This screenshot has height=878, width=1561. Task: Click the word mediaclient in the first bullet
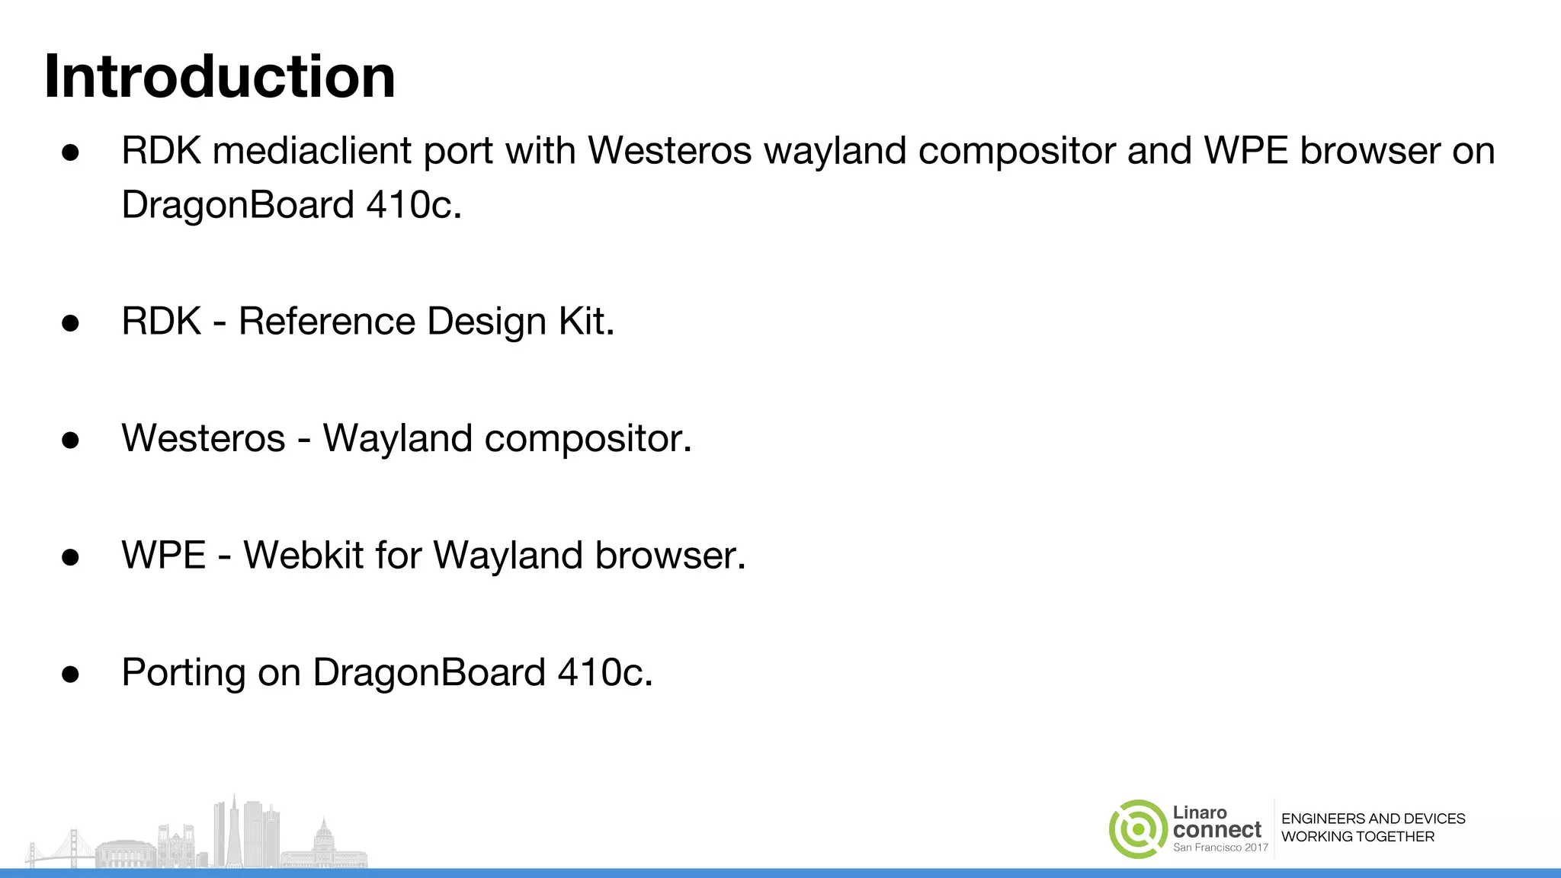(312, 151)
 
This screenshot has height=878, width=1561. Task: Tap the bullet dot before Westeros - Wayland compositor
(71, 441)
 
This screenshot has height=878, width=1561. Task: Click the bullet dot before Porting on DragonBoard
(71, 675)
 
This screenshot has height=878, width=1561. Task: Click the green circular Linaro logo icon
(1138, 829)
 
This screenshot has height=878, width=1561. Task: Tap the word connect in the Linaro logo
(1217, 829)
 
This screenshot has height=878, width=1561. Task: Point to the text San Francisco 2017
(1220, 848)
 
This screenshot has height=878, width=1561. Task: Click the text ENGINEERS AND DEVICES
(1373, 819)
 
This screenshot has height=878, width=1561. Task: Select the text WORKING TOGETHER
(1357, 837)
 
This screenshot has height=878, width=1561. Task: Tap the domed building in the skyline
(324, 838)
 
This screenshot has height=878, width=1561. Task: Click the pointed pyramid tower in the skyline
(235, 831)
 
